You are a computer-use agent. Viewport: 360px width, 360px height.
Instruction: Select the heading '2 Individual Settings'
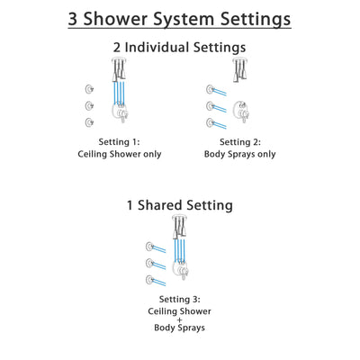coord(180,47)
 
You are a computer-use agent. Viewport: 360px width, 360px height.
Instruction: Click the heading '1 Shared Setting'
coord(180,205)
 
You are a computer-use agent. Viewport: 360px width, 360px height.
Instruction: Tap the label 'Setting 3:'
coord(180,301)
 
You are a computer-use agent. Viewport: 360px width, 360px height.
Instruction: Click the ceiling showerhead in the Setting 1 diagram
coord(119,66)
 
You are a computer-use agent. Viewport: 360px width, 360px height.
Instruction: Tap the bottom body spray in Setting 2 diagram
coord(213,121)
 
